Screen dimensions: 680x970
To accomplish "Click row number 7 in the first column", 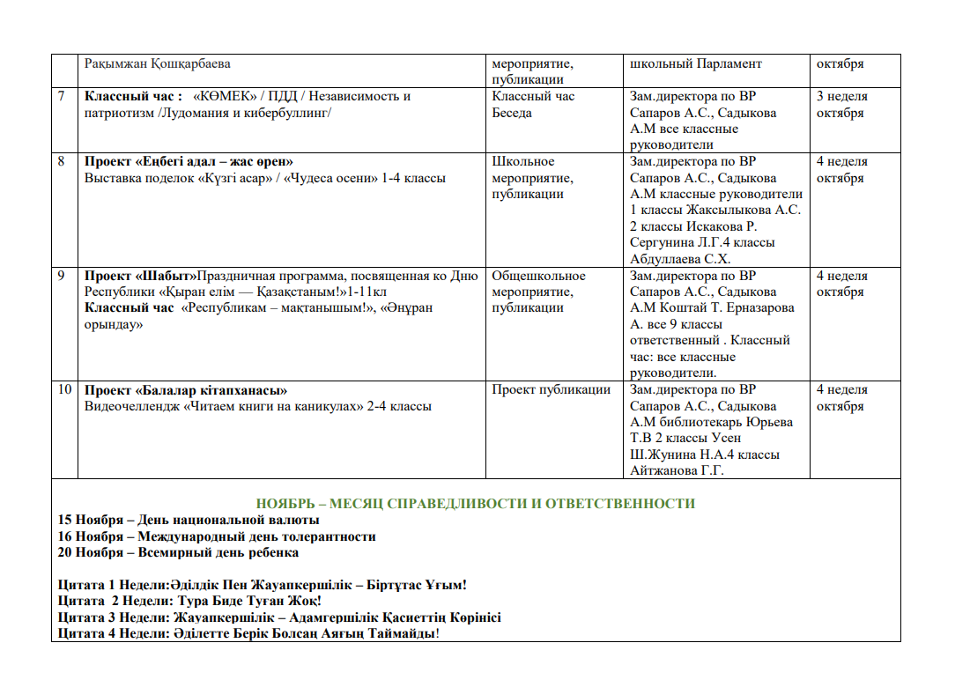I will tap(62, 97).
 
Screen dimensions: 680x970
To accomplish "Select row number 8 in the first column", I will tap(62, 162).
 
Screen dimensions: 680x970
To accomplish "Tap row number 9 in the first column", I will tap(62, 276).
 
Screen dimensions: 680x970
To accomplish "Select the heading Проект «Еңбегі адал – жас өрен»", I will tap(189, 162).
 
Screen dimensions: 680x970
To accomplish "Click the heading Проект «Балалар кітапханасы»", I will tap(187, 390).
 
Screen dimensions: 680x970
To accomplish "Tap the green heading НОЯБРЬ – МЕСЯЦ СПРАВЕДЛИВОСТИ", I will tap(476, 504).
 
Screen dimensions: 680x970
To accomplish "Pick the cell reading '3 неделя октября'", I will tap(842, 105).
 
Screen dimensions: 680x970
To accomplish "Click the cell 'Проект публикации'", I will tap(551, 390).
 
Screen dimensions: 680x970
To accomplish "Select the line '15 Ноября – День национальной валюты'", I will tap(176, 520).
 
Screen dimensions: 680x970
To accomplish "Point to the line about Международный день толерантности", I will tap(217, 536).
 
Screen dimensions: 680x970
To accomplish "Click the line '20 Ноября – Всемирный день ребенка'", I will tap(178, 553).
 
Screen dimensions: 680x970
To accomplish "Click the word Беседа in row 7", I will tap(512, 114).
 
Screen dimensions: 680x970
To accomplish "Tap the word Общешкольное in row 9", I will tap(538, 276).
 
